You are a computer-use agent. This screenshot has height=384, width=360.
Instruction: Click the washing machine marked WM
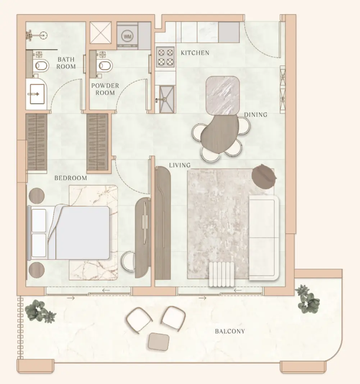coord(127,36)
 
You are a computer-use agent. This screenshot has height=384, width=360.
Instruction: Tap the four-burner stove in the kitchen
coord(165,57)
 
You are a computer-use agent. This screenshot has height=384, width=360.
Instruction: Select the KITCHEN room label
coord(195,53)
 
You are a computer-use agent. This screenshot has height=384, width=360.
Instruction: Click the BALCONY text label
coord(230,331)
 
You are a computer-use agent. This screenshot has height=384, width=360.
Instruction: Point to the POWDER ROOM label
coord(105,89)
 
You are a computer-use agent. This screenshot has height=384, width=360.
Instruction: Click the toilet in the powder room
coord(105,65)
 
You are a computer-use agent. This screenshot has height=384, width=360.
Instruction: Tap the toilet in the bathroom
coord(41,65)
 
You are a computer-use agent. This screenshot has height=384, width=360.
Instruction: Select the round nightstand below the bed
coord(37,270)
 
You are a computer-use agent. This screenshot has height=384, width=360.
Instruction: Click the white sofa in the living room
coord(264,238)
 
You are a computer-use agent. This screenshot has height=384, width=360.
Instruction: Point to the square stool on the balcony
coord(159,342)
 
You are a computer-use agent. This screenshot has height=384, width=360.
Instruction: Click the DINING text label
coord(255,114)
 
